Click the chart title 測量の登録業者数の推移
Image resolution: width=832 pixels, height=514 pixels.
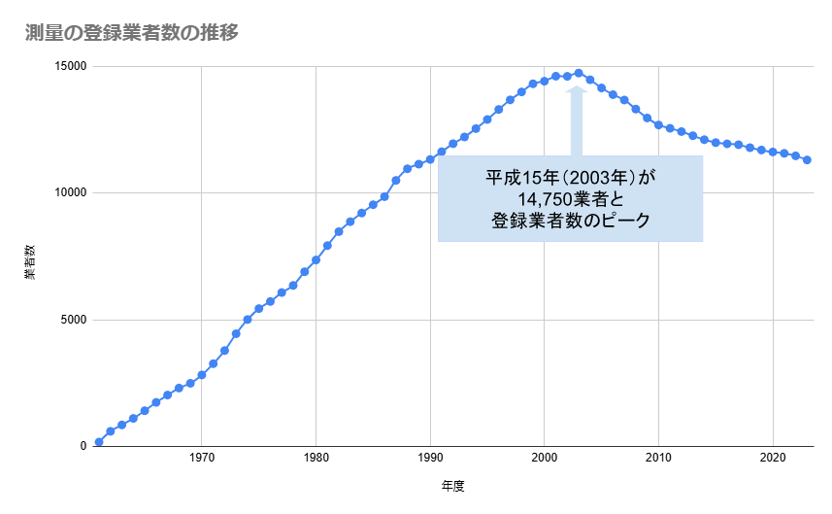pos(132,33)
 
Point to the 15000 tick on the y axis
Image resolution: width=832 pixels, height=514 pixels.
pos(71,67)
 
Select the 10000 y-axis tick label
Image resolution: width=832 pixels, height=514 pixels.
pos(71,193)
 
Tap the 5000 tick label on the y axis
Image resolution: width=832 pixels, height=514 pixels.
pos(75,320)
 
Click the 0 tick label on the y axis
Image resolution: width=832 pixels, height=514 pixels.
pos(83,446)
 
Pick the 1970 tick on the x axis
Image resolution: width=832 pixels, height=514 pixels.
pos(201,457)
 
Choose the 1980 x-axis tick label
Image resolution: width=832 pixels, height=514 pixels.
pos(316,457)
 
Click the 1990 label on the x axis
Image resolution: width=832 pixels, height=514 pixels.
pos(430,457)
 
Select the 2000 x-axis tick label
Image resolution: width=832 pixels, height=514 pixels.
pos(545,457)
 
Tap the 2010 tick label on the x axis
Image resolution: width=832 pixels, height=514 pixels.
pos(658,457)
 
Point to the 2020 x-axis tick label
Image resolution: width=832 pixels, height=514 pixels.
pos(773,457)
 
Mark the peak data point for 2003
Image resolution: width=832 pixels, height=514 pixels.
pos(579,73)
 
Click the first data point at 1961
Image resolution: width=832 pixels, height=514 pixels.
pos(99,442)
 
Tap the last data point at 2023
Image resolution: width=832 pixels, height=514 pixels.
pos(807,159)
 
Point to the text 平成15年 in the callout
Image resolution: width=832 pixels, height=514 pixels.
pos(514,178)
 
